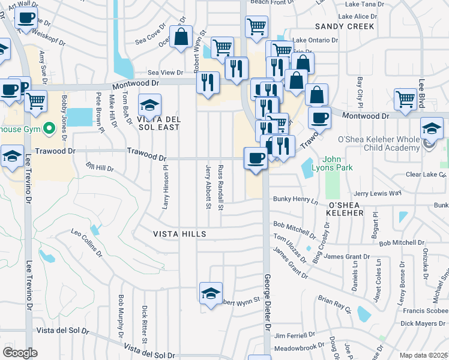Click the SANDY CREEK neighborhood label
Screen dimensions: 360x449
pos(345,26)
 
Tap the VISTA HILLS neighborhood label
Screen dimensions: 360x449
pos(179,233)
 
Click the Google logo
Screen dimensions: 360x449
pos(20,352)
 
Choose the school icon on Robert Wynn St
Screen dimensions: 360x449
pos(211,293)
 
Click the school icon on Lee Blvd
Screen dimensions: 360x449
pos(432,128)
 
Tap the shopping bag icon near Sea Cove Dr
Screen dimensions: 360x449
pos(181,37)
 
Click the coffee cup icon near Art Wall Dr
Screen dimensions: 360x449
pos(25,18)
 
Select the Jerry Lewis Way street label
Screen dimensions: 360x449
pos(377,193)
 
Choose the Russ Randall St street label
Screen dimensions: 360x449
pos(221,187)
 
